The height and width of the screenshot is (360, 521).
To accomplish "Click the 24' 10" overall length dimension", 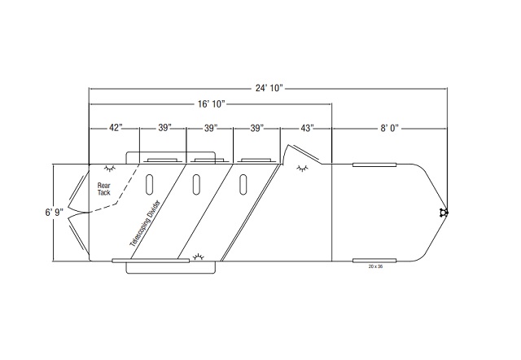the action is (269, 88).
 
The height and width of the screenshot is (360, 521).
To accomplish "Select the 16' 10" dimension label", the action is (212, 104).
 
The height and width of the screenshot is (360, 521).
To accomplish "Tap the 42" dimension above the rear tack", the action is (116, 128).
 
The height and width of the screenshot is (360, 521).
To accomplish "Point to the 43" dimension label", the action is (307, 128).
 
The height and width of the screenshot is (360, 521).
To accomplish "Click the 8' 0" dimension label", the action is (389, 128).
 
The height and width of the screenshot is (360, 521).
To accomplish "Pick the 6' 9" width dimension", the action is (55, 212).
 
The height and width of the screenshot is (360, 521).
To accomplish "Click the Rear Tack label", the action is (103, 189).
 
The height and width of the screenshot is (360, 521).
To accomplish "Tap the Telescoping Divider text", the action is (145, 223).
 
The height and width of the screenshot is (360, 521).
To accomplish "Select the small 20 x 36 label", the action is (375, 266).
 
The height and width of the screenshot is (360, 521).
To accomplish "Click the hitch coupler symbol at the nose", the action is (443, 213).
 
